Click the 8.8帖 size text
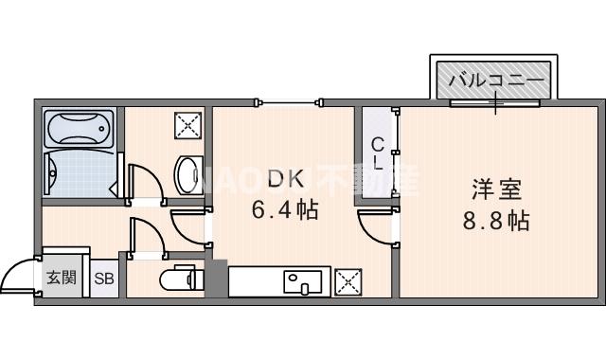495,223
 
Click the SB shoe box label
103,279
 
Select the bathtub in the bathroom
80,127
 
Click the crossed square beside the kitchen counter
348,281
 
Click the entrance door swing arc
17,274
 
